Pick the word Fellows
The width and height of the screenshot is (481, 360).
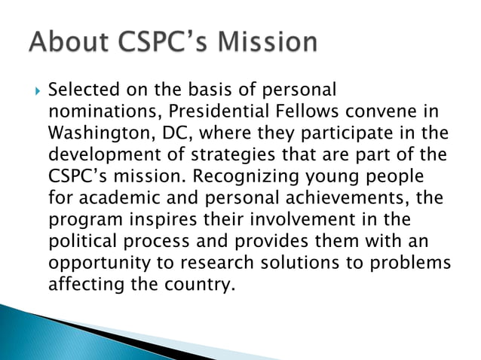311,111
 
